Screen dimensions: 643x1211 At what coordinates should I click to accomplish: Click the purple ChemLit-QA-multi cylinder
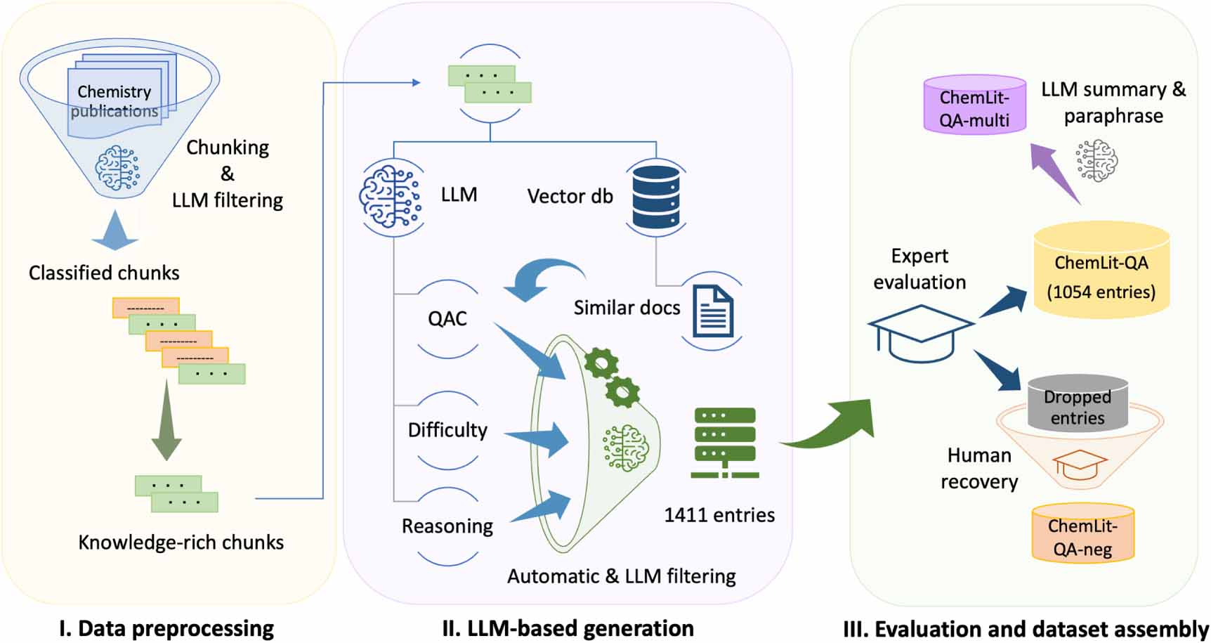pos(974,105)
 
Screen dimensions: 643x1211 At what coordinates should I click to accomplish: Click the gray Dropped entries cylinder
pos(1078,405)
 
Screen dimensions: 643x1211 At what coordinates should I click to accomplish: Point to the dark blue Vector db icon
pos(655,197)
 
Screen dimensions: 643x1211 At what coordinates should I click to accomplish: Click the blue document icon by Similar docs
pos(713,311)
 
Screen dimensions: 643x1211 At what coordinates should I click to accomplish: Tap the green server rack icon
pos(724,443)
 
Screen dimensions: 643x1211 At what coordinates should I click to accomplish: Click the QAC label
pos(447,318)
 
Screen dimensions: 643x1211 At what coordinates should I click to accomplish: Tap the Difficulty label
pos(447,429)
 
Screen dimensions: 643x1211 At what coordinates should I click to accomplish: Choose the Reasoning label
pos(447,526)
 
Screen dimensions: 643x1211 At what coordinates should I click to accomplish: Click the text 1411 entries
pos(719,515)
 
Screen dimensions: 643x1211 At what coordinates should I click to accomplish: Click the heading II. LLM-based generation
pos(568,628)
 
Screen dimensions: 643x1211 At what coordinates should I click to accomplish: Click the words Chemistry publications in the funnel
pos(114,101)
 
